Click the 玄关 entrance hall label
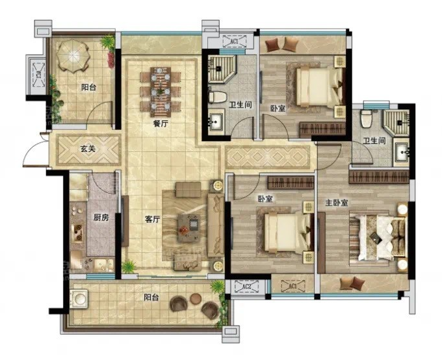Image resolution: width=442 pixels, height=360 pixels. pyautogui.click(x=88, y=149)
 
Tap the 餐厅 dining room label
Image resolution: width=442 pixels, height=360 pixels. pyautogui.click(x=161, y=123)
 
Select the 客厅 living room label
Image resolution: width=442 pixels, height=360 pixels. pyautogui.click(x=153, y=220)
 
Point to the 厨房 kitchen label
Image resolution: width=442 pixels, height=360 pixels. pyautogui.click(x=101, y=217)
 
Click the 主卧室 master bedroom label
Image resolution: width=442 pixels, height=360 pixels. pyautogui.click(x=337, y=203)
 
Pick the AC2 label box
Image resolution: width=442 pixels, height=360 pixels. pyautogui.click(x=246, y=287)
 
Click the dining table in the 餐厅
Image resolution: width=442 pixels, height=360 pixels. pyautogui.click(x=161, y=92)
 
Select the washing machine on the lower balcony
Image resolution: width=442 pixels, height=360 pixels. pyautogui.click(x=79, y=298)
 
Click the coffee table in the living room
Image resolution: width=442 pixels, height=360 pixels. pyautogui.click(x=189, y=228)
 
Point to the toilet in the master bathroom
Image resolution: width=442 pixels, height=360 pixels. pyautogui.click(x=367, y=118)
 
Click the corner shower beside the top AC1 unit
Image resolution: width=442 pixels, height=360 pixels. pyautogui.click(x=222, y=68)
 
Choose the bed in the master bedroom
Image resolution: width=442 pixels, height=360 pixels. pyautogui.click(x=378, y=237)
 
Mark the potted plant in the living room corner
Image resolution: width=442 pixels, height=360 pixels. pyautogui.click(x=129, y=266)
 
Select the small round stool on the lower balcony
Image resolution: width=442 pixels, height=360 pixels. pyautogui.click(x=196, y=298)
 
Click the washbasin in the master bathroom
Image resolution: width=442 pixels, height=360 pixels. pyautogui.click(x=402, y=153)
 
